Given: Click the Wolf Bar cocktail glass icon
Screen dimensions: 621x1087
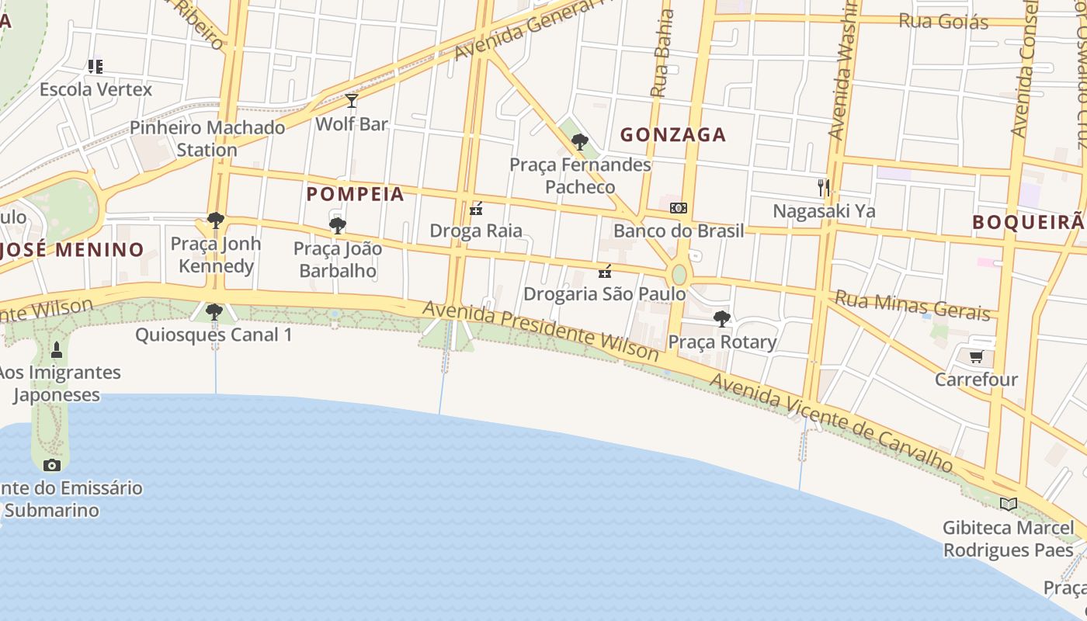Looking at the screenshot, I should [x=352, y=101].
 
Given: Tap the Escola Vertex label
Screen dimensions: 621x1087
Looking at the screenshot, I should [x=96, y=89].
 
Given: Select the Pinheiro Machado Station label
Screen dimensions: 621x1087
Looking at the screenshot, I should [x=207, y=138].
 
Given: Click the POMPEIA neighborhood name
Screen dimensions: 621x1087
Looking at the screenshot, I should [x=356, y=194].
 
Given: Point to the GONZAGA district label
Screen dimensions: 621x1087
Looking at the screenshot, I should [x=673, y=135].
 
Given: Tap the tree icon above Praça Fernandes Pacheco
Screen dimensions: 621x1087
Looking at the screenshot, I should [x=579, y=142].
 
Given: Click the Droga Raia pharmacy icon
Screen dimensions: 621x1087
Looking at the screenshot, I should [x=477, y=209].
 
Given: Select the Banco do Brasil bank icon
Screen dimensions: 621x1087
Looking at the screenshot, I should [x=679, y=208].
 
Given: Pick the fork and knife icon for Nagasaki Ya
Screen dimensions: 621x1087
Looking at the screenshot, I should [x=824, y=187].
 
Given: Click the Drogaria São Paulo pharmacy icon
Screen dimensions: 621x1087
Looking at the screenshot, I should [x=605, y=272].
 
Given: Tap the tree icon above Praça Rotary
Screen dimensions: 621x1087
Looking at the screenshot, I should [x=722, y=319].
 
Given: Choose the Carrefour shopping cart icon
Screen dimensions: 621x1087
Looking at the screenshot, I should [x=976, y=357].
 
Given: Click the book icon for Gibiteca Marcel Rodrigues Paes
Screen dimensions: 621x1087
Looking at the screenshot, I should [x=1009, y=505].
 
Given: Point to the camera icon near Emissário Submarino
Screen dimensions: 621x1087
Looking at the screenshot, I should [x=52, y=465].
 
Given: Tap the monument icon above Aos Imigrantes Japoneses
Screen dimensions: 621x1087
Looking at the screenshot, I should [x=56, y=350].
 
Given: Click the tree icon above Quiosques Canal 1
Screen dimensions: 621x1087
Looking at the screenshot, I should [x=214, y=312].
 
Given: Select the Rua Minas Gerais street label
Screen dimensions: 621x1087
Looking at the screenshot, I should [x=913, y=304].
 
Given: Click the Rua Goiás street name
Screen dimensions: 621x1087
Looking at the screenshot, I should [x=943, y=21].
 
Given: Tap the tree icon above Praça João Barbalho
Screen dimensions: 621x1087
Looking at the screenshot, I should [x=337, y=226].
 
